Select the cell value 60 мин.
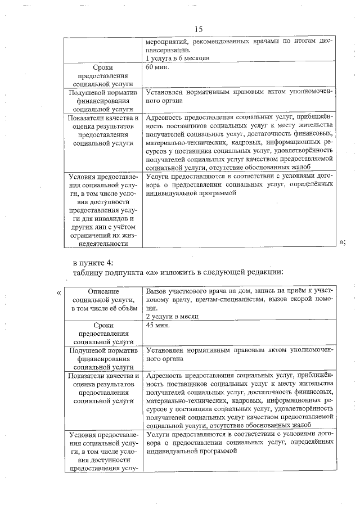157,67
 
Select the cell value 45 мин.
157,326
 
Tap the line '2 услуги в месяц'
173,316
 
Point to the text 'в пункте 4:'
93,263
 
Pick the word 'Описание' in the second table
104,291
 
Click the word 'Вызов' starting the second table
156,291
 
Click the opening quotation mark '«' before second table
58,291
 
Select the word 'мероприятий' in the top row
166,41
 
